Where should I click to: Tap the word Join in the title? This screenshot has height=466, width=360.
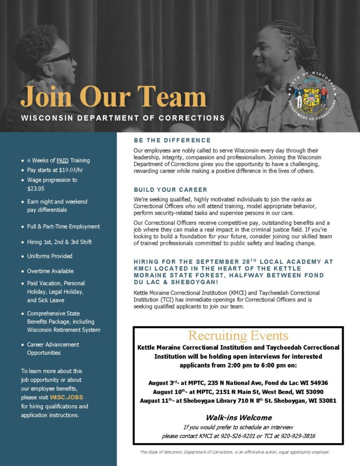pyautogui.click(x=46, y=97)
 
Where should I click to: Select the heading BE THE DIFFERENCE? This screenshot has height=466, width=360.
pyautogui.click(x=172, y=140)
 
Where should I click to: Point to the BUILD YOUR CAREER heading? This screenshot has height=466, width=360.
pyautogui.click(x=170, y=190)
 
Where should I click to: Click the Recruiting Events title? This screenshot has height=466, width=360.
pyautogui.click(x=238, y=336)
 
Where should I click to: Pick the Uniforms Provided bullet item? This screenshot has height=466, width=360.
pyautogui.click(x=50, y=256)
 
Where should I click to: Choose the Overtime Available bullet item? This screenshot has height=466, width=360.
pyautogui.click(x=50, y=271)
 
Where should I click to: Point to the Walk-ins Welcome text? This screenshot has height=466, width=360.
pyautogui.click(x=239, y=417)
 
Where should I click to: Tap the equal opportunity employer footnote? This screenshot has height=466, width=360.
pyautogui.click(x=235, y=452)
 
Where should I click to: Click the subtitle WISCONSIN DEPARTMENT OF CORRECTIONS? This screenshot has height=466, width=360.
pyautogui.click(x=123, y=118)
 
